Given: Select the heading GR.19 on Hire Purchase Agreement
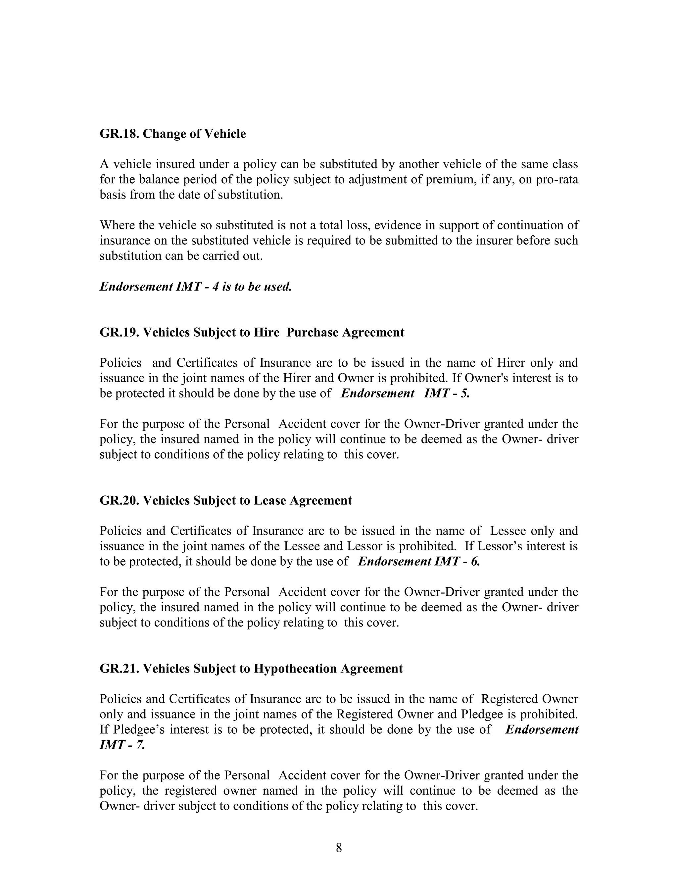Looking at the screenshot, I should pyautogui.click(x=252, y=333).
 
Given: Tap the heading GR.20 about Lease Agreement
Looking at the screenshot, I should pyautogui.click(x=225, y=500).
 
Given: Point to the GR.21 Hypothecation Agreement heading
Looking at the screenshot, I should pyautogui.click(x=251, y=669).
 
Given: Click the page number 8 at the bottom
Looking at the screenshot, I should pyautogui.click(x=339, y=848).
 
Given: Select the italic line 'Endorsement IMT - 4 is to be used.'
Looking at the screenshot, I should pyautogui.click(x=195, y=287).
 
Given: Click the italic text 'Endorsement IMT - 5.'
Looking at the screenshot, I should pyautogui.click(x=405, y=393).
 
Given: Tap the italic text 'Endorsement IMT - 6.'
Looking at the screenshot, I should pyautogui.click(x=418, y=561).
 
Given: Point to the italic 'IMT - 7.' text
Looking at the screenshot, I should pyautogui.click(x=122, y=745).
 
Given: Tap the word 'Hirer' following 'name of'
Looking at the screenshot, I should pyautogui.click(x=510, y=363).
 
